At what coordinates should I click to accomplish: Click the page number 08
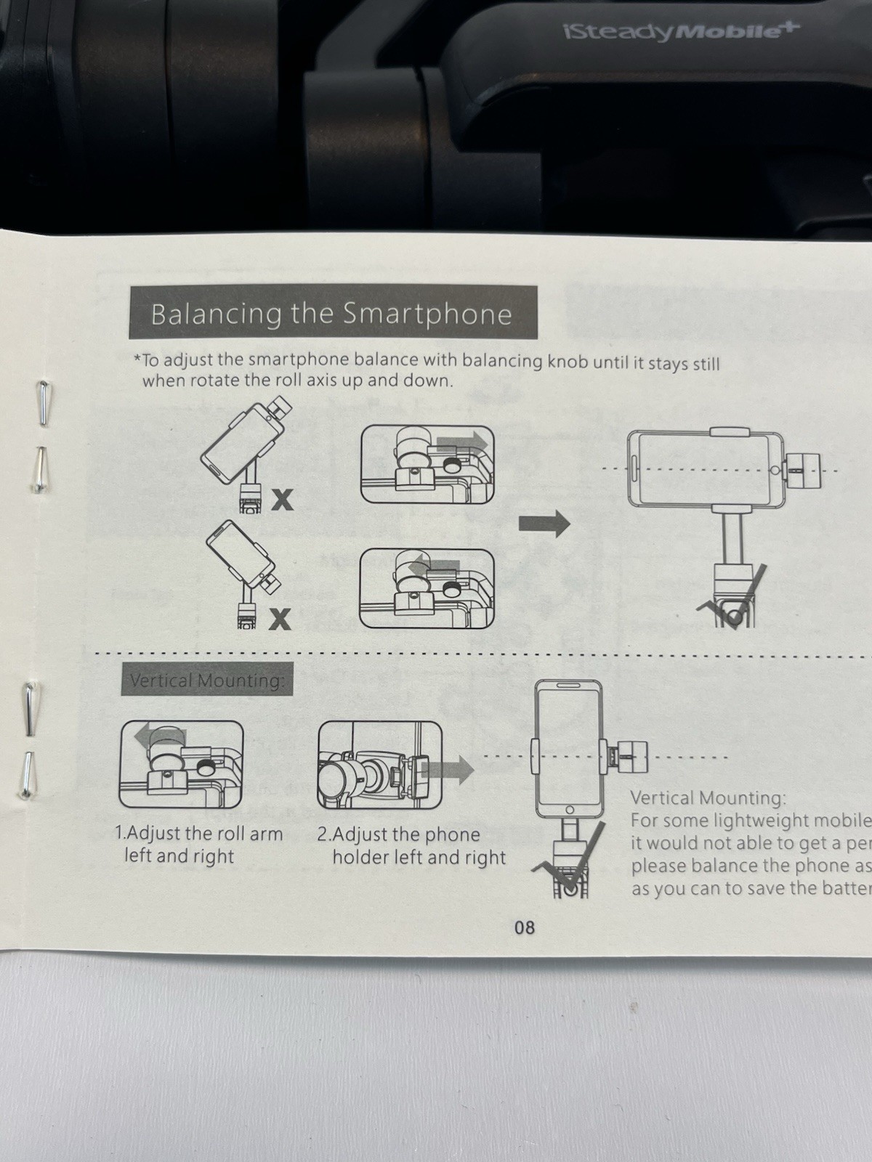524,927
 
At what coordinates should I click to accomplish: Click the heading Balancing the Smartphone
331,314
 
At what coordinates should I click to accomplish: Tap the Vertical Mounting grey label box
206,680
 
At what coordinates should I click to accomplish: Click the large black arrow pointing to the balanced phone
544,523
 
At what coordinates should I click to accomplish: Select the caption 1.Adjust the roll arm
198,834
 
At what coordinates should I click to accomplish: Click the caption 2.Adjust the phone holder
398,835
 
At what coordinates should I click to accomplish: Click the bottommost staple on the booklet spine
28,775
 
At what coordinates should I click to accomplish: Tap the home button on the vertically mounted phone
569,810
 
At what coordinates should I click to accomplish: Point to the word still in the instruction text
705,363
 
